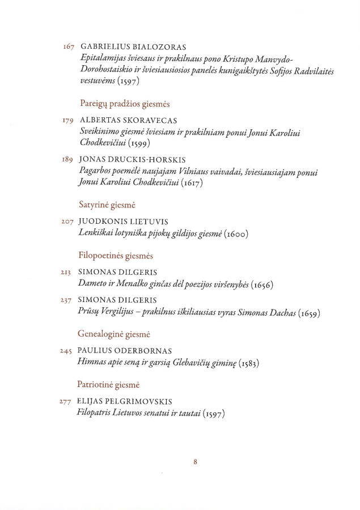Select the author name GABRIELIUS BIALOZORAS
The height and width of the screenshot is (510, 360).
pos(134,46)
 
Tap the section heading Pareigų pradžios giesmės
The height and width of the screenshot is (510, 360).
pos(125,104)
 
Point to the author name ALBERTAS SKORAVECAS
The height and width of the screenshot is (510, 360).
pos(129,121)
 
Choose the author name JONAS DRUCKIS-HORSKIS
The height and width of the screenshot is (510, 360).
pos(133,160)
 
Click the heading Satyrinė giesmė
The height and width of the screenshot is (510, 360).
pos(106,204)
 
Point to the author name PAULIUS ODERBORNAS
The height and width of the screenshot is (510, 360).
pos(124,351)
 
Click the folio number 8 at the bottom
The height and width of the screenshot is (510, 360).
pos(195,462)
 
